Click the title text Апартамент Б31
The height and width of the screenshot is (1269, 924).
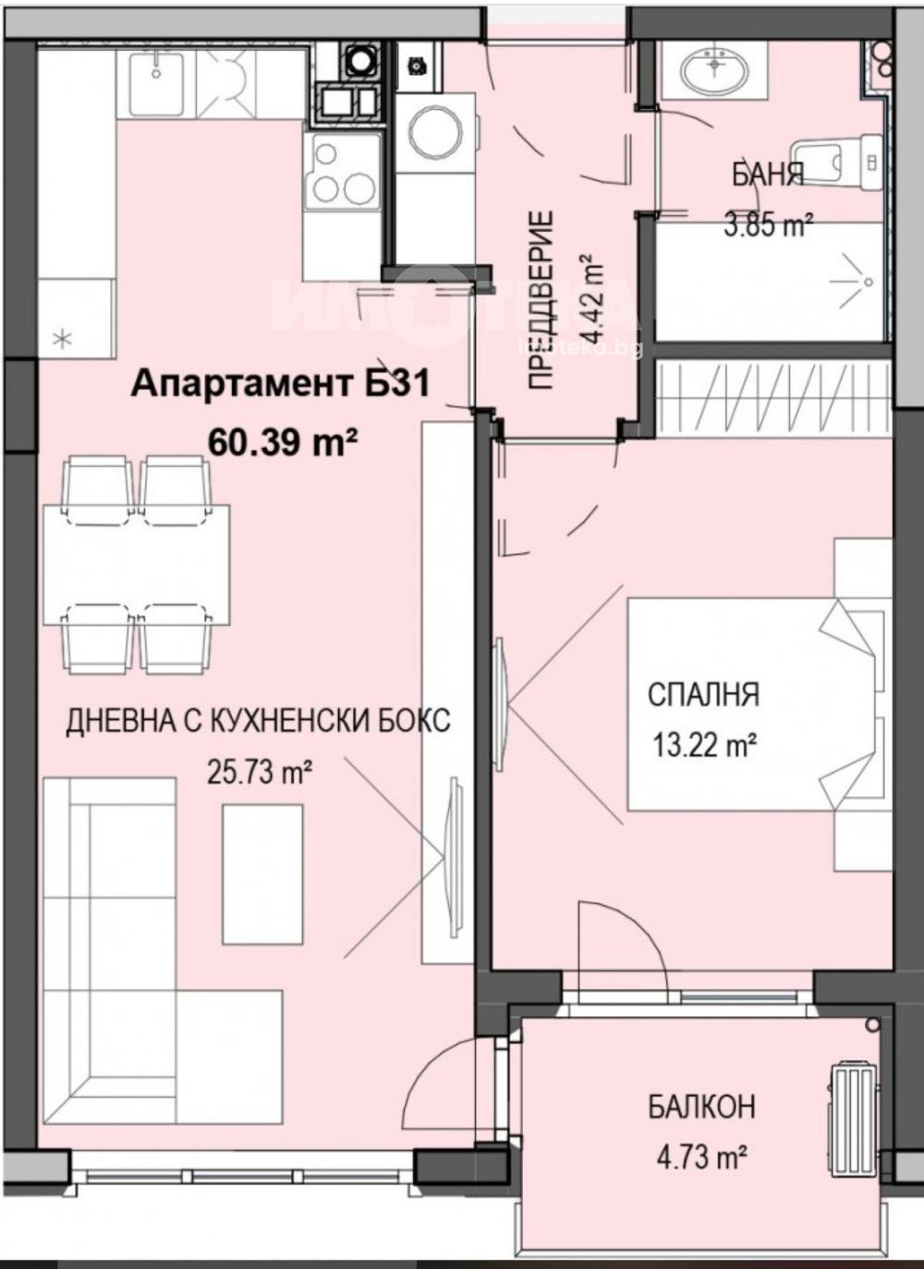(x=281, y=384)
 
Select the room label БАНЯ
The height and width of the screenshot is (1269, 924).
(x=768, y=175)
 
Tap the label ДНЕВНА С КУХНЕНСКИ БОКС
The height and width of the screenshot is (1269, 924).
(x=259, y=721)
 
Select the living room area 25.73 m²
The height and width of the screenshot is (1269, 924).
(x=260, y=771)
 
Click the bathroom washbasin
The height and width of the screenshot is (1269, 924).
(x=712, y=68)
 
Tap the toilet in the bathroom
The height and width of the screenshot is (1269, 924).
(x=837, y=162)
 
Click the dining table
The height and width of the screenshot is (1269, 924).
(x=138, y=564)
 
